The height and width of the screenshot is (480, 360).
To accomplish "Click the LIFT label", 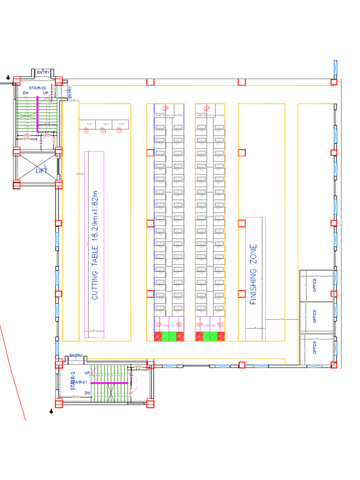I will tap(42, 171).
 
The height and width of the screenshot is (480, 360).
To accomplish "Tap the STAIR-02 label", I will tap(37, 88).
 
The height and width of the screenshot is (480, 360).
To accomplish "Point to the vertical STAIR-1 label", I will tap(73, 381).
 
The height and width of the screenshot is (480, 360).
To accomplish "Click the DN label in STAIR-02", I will tap(26, 93).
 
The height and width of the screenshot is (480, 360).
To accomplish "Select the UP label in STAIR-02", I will tap(46, 93).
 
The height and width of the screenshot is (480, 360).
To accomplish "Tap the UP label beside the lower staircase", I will tap(87, 373).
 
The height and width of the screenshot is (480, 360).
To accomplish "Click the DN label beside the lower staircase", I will tap(87, 393).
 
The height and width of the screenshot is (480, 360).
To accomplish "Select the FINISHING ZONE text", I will tap(254, 275).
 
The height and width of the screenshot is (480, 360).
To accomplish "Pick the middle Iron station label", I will tap(106, 124).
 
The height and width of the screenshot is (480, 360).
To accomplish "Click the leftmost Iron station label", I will tap(89, 124).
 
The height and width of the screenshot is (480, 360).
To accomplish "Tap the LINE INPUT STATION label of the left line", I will tap(169, 115).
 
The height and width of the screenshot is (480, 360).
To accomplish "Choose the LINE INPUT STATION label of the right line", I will tap(210, 115).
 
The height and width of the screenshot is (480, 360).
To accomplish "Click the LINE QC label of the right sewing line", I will tap(210, 325).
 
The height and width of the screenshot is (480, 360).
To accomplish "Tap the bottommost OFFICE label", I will tap(315, 347).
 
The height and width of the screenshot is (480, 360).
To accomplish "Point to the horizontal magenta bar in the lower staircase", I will tap(109, 383).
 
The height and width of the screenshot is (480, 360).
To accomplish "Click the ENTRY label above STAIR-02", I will tap(43, 72).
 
